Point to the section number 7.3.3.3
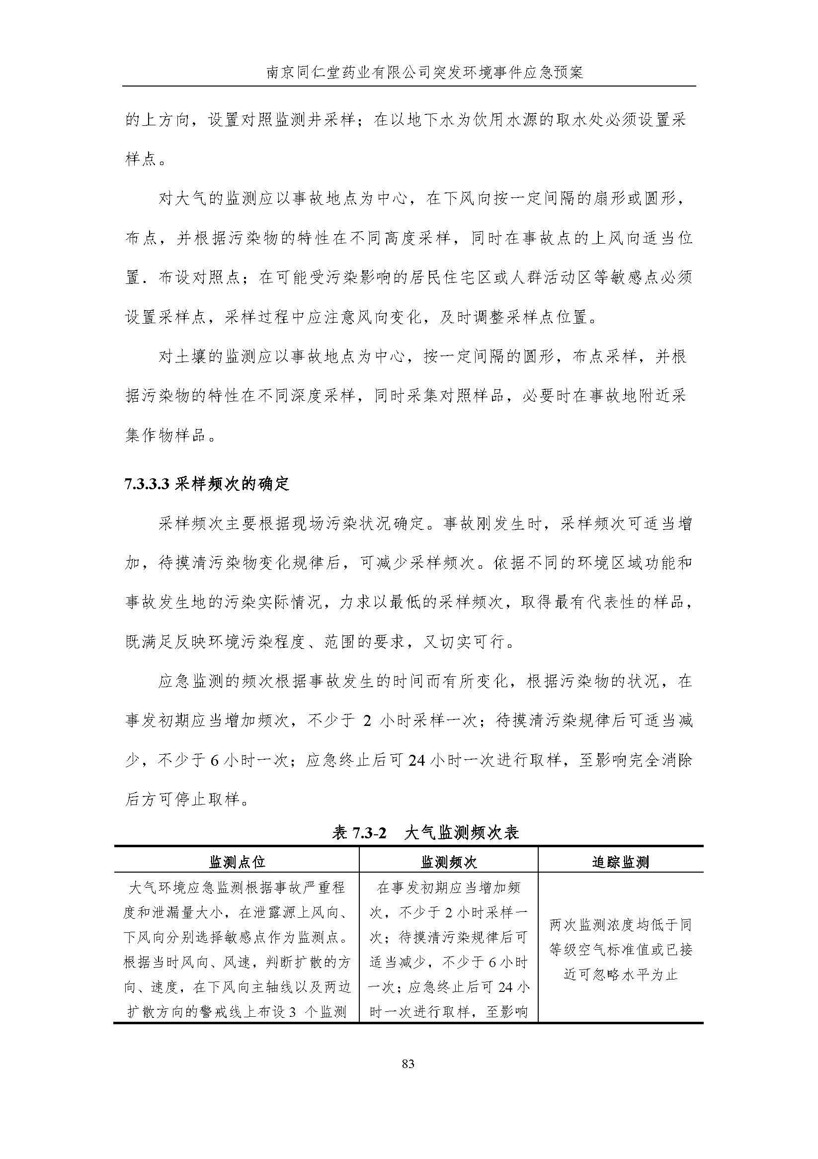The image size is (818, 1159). coord(146,484)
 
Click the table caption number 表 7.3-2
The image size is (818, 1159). coord(359,832)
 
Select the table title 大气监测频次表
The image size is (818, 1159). coord(461,832)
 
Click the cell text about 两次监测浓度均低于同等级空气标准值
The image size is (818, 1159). coord(620,950)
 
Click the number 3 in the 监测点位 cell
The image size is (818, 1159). coord(292,1012)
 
